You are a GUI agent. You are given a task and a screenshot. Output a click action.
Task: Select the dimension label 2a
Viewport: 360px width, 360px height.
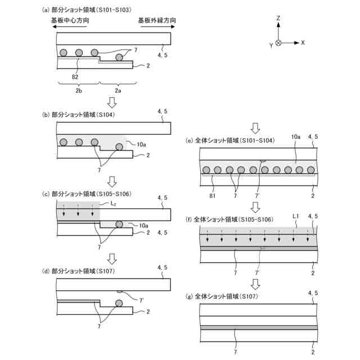(x=117, y=90)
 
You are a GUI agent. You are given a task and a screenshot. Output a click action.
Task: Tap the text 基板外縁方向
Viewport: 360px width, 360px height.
(x=157, y=21)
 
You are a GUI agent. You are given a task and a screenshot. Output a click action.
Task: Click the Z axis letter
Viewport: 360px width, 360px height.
(x=278, y=19)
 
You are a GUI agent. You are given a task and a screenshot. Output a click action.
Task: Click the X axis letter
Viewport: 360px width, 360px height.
(x=303, y=42)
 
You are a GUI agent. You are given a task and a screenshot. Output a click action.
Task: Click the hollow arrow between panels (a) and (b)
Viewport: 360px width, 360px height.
(x=112, y=102)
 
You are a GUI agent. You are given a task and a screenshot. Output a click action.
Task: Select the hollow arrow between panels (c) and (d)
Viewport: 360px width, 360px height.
(x=112, y=258)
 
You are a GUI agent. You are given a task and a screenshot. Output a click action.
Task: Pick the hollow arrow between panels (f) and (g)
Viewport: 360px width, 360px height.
(x=255, y=283)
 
